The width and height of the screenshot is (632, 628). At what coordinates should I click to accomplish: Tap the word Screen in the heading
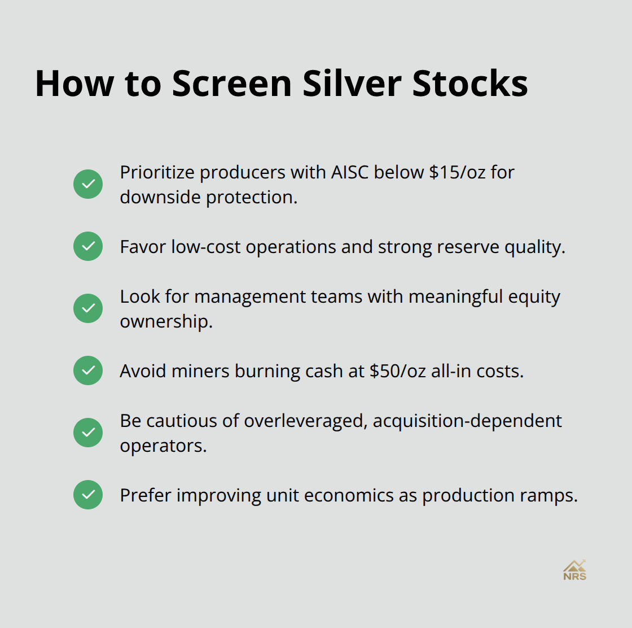(231, 84)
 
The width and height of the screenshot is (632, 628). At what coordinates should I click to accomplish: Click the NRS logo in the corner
(574, 570)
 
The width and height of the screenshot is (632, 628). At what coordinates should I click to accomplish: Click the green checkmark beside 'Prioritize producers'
(88, 184)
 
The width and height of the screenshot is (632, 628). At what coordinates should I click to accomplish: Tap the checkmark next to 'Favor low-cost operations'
(88, 246)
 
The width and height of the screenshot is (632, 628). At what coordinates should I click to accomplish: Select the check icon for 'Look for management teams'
(88, 308)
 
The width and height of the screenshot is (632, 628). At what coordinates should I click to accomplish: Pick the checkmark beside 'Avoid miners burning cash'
(88, 370)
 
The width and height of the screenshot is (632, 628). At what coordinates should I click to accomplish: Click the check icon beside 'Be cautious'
(88, 433)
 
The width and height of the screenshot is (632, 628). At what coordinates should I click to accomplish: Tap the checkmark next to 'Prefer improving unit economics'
(88, 495)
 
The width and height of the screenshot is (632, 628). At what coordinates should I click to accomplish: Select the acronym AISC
(350, 172)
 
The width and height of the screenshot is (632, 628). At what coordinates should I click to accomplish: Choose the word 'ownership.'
(166, 322)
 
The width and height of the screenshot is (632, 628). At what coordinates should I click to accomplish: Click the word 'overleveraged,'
(305, 421)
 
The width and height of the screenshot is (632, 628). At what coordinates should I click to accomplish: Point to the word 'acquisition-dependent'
(467, 421)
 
